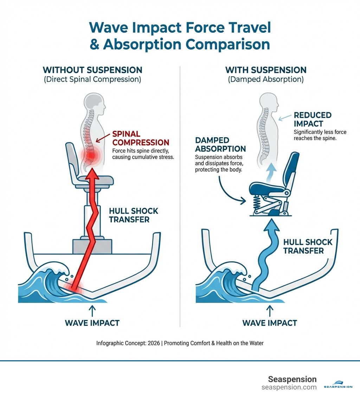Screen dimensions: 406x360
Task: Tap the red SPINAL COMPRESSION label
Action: coord(141,138)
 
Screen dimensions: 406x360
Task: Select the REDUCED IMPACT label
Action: coord(313,120)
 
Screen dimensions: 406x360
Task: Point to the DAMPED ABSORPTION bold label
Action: coord(220,145)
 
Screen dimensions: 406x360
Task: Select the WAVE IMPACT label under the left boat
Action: coord(92,323)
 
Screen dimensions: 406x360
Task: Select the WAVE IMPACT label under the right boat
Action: coord(270,323)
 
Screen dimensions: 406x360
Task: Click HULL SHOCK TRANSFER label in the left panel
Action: coord(134,215)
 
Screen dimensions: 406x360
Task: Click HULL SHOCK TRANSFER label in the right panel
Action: coord(308,246)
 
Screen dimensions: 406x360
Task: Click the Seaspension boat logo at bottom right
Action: coord(338,385)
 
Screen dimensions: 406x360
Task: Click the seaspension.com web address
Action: coord(289,387)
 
